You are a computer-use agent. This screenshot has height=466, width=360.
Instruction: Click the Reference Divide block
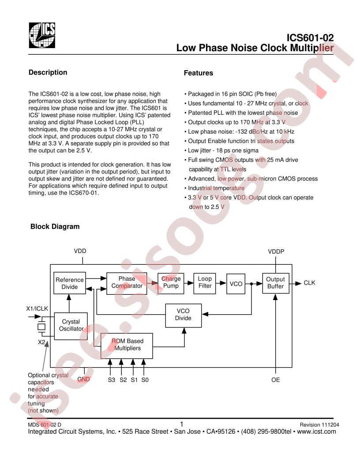pos(69,283)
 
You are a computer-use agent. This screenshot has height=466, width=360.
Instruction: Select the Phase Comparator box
pos(127,282)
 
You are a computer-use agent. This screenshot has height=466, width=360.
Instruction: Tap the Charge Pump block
pos(171,282)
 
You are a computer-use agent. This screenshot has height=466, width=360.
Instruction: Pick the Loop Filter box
pos(205,282)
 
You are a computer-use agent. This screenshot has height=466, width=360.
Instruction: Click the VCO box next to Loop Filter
pos(236,284)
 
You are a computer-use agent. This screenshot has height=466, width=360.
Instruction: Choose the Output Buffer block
pos(276,283)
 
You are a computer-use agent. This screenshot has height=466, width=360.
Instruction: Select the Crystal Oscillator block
pos(71,325)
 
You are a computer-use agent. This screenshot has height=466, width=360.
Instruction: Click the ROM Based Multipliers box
pos(127,345)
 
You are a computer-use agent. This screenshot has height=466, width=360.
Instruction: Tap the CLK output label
pos(310,283)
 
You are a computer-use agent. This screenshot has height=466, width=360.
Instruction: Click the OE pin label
pos(276,380)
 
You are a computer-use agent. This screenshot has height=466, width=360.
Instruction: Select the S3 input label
pos(111,380)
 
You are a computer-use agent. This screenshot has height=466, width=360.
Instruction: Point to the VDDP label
pos(276,252)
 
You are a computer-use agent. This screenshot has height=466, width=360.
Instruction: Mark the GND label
pos(83,379)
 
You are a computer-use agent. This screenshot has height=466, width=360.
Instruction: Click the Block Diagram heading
pos(55,227)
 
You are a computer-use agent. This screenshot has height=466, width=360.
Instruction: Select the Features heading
pos(198,73)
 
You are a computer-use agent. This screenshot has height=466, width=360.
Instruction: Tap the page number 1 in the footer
pos(182,424)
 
